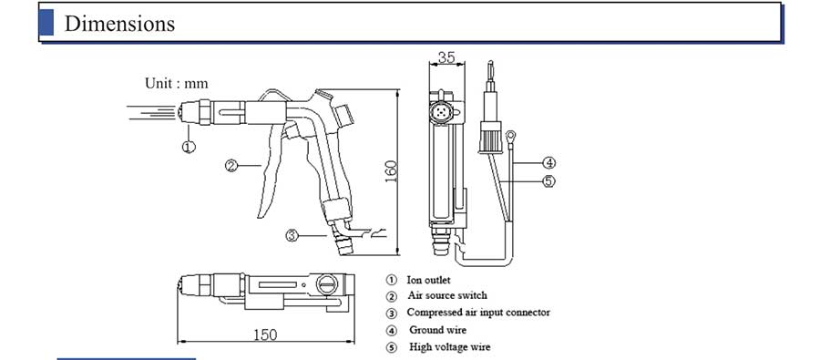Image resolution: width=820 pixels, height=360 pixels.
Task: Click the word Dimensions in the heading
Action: pos(119,24)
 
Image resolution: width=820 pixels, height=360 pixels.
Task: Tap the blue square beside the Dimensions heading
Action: pos(46,23)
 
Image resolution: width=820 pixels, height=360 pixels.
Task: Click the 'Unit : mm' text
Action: pos(176,83)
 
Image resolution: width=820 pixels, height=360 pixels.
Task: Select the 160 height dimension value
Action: pos(391,171)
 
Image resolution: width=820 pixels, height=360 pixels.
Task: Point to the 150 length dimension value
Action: pos(265,334)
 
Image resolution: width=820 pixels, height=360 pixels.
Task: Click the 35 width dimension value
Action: pos(446,57)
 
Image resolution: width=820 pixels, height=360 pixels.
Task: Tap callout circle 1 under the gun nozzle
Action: pos(189,147)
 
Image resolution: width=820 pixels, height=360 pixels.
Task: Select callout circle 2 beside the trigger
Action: pos(231,166)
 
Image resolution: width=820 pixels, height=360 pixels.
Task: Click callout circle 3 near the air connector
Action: pos(292,236)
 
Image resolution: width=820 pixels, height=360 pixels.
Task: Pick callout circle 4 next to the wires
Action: pos(548,163)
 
